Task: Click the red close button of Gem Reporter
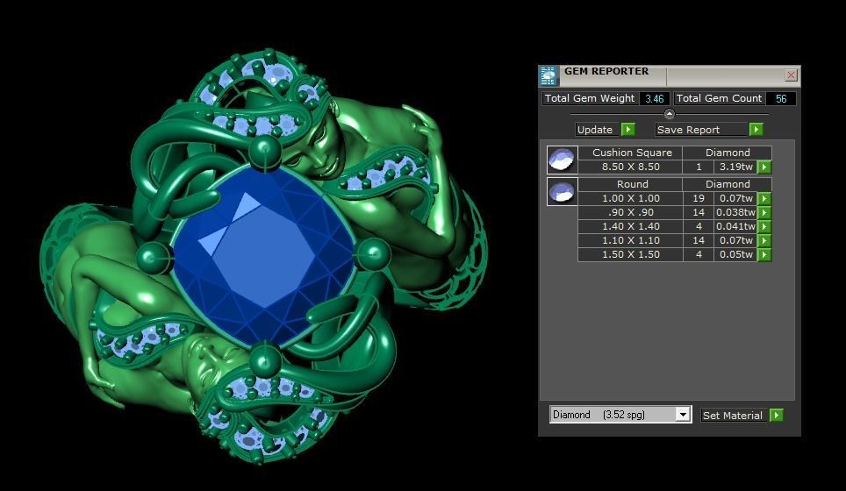[791, 75]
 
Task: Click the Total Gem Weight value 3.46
[654, 98]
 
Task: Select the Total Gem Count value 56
[780, 98]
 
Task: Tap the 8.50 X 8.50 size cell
[630, 167]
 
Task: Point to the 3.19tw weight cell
[735, 167]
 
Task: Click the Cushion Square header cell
[630, 153]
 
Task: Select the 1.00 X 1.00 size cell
[630, 198]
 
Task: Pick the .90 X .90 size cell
[630, 212]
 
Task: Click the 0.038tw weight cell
[735, 212]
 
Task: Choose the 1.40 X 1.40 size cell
[630, 226]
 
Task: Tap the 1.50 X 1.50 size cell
[630, 254]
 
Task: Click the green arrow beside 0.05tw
[764, 255]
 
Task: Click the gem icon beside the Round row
[562, 191]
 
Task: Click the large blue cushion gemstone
[263, 254]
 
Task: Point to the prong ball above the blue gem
[264, 153]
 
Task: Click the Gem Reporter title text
[606, 72]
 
